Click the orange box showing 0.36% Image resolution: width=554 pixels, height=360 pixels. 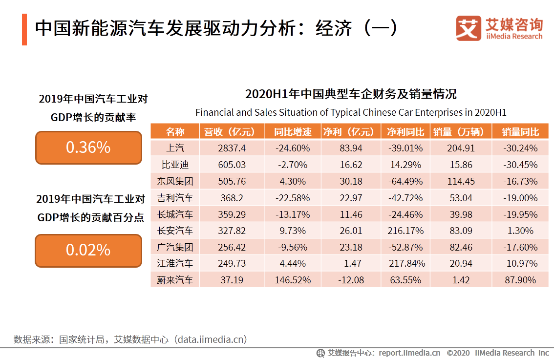88,148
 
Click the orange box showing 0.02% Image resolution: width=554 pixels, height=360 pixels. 88,250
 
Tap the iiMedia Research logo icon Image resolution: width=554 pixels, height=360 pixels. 469,28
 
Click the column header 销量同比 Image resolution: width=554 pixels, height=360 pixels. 520,131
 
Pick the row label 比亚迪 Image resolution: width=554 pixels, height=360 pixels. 175,165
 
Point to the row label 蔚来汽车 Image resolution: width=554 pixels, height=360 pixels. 175,280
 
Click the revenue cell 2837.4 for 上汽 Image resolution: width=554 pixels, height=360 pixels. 232,148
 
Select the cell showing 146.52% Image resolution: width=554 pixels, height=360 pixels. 292,280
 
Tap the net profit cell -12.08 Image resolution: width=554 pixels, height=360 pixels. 351,280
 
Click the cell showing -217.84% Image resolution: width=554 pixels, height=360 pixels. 405,263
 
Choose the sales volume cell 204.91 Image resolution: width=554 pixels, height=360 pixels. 461,148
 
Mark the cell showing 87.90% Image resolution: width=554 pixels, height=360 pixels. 520,280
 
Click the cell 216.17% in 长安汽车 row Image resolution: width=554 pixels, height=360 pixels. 405,231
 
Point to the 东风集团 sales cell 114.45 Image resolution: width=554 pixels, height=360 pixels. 461,181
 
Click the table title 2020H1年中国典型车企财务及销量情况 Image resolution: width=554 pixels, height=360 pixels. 350,94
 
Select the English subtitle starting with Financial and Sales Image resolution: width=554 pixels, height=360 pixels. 350,112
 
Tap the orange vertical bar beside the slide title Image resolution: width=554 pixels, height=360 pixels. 24,29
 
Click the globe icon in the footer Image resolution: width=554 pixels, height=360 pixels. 320,353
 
